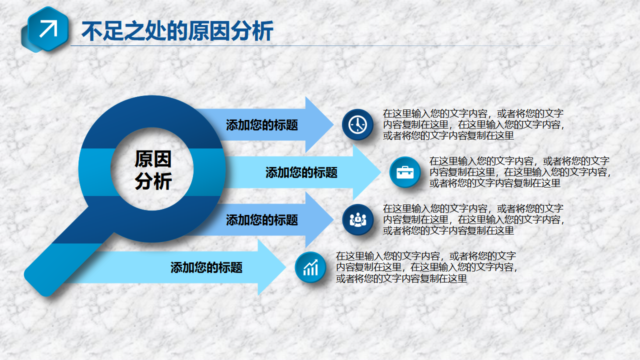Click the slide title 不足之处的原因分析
177,30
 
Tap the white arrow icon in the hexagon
48,29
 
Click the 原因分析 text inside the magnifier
153,170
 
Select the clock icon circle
357,125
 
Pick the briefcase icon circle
405,172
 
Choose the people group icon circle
357,219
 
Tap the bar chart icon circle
310,267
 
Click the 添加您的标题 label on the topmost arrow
262,125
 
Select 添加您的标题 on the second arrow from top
301,172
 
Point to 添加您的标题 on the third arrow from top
262,220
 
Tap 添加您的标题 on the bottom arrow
206,267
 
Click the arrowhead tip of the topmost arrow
333,124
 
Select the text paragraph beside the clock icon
473,124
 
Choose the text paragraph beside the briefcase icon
520,172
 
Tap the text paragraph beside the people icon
473,219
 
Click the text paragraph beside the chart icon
426,267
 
